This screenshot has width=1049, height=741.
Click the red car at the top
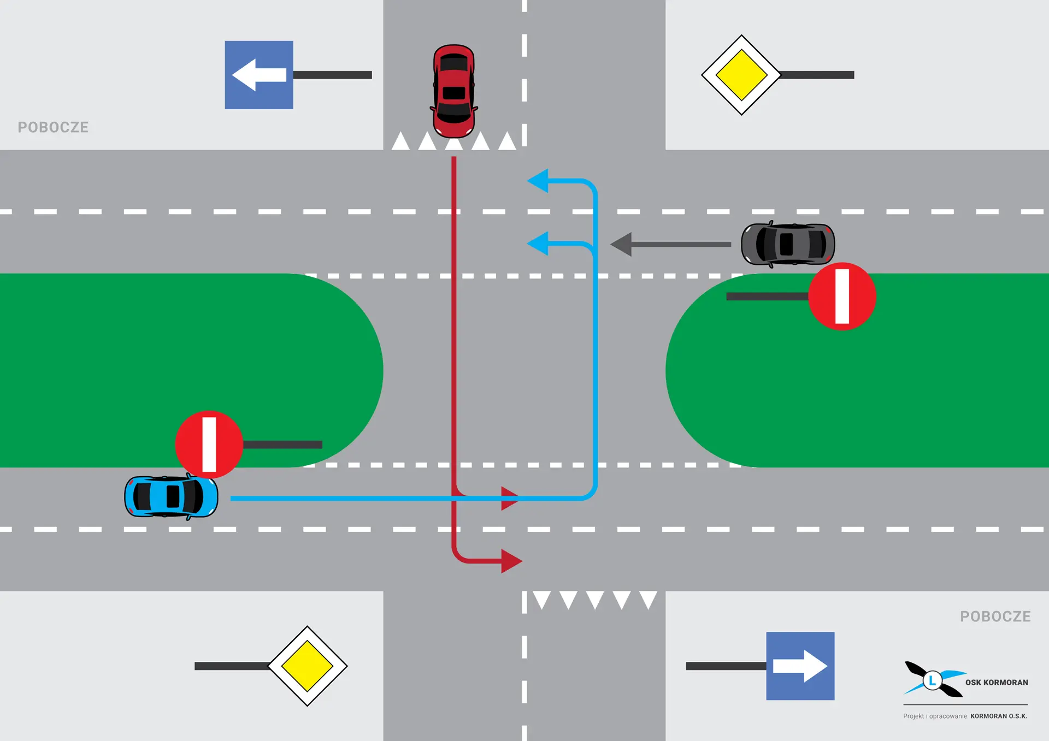pyautogui.click(x=453, y=91)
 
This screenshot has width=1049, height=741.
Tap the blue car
pyautogui.click(x=171, y=496)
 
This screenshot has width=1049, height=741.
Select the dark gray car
pyautogui.click(x=787, y=244)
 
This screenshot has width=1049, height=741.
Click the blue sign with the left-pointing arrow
pyautogui.click(x=259, y=75)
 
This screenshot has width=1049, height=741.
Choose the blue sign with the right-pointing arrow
pyautogui.click(x=800, y=666)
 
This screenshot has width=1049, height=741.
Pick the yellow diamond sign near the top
pyautogui.click(x=741, y=75)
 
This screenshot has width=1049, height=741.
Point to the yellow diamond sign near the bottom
pyautogui.click(x=308, y=666)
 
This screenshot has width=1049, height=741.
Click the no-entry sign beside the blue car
pyautogui.click(x=209, y=444)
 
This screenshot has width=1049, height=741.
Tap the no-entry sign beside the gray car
pyautogui.click(x=842, y=297)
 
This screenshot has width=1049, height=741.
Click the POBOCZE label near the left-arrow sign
pyautogui.click(x=53, y=127)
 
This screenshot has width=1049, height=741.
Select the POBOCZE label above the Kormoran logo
pyautogui.click(x=995, y=616)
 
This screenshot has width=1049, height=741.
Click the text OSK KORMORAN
pyautogui.click(x=996, y=683)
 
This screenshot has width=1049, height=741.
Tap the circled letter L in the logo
pyautogui.click(x=933, y=680)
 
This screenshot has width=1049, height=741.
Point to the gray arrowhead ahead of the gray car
pyautogui.click(x=622, y=244)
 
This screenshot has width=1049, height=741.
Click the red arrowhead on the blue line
pyautogui.click(x=509, y=498)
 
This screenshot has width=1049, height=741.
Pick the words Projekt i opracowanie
pyautogui.click(x=935, y=716)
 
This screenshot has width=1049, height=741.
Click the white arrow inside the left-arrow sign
pyautogui.click(x=258, y=75)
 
